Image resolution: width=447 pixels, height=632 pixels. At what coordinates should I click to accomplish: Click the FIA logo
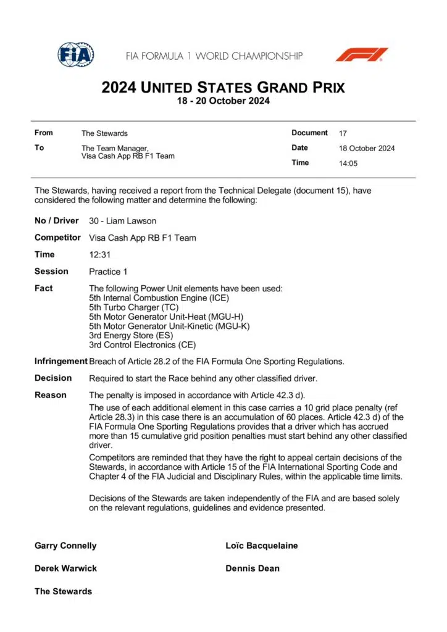click(x=75, y=55)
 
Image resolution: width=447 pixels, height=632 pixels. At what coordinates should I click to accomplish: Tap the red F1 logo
click(x=362, y=55)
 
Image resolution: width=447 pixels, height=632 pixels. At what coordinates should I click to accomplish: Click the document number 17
click(x=343, y=133)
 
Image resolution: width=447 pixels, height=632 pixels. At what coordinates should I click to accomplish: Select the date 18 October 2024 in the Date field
click(x=367, y=148)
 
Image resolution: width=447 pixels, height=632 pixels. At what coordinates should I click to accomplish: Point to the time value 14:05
click(x=348, y=164)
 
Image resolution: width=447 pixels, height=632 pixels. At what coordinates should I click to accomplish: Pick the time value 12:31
click(x=99, y=254)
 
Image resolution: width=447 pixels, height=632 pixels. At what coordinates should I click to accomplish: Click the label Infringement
click(x=61, y=361)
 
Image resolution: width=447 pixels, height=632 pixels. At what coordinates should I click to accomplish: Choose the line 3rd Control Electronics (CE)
click(x=141, y=345)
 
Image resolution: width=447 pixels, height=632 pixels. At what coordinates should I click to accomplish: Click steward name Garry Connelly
click(x=65, y=546)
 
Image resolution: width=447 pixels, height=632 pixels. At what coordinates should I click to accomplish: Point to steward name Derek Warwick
click(x=65, y=568)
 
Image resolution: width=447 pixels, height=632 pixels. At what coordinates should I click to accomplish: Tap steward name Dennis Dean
click(x=253, y=568)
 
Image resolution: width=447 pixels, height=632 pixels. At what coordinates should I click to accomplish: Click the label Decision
click(x=53, y=378)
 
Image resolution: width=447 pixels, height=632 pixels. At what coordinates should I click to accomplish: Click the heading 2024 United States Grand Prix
click(x=223, y=87)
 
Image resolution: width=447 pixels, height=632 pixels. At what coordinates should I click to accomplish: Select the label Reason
click(x=50, y=395)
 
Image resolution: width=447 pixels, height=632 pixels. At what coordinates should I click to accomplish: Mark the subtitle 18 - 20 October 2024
click(x=223, y=102)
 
